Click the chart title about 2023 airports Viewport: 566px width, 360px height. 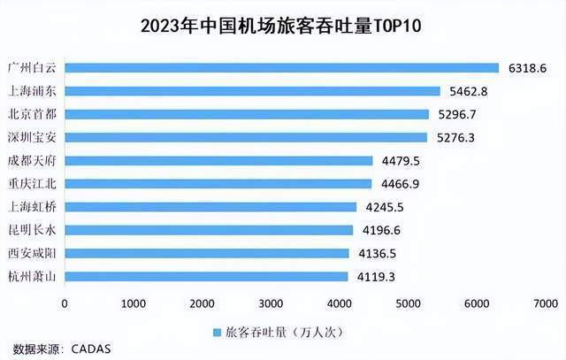pyautogui.click(x=283, y=25)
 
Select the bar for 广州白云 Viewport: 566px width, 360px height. pyautogui.click(x=282, y=67)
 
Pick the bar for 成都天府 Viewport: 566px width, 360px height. pyautogui.click(x=218, y=160)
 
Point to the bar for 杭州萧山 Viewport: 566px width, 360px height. pyautogui.click(x=206, y=276)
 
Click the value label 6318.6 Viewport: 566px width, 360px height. pyautogui.click(x=528, y=67)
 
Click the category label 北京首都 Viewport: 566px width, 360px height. pyautogui.click(x=32, y=114)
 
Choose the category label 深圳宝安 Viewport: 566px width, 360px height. pyautogui.click(x=32, y=137)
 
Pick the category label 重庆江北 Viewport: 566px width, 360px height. pyautogui.click(x=32, y=184)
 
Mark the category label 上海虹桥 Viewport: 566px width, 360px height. pyautogui.click(x=32, y=207)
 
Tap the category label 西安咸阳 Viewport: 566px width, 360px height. pyautogui.click(x=32, y=253)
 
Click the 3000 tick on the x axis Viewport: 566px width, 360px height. pyautogui.click(x=272, y=303)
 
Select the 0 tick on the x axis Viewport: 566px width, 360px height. pyautogui.click(x=65, y=303)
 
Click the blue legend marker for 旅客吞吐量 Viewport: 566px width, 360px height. pyautogui.click(x=218, y=333)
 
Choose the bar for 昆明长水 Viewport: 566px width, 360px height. pyautogui.click(x=209, y=230)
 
